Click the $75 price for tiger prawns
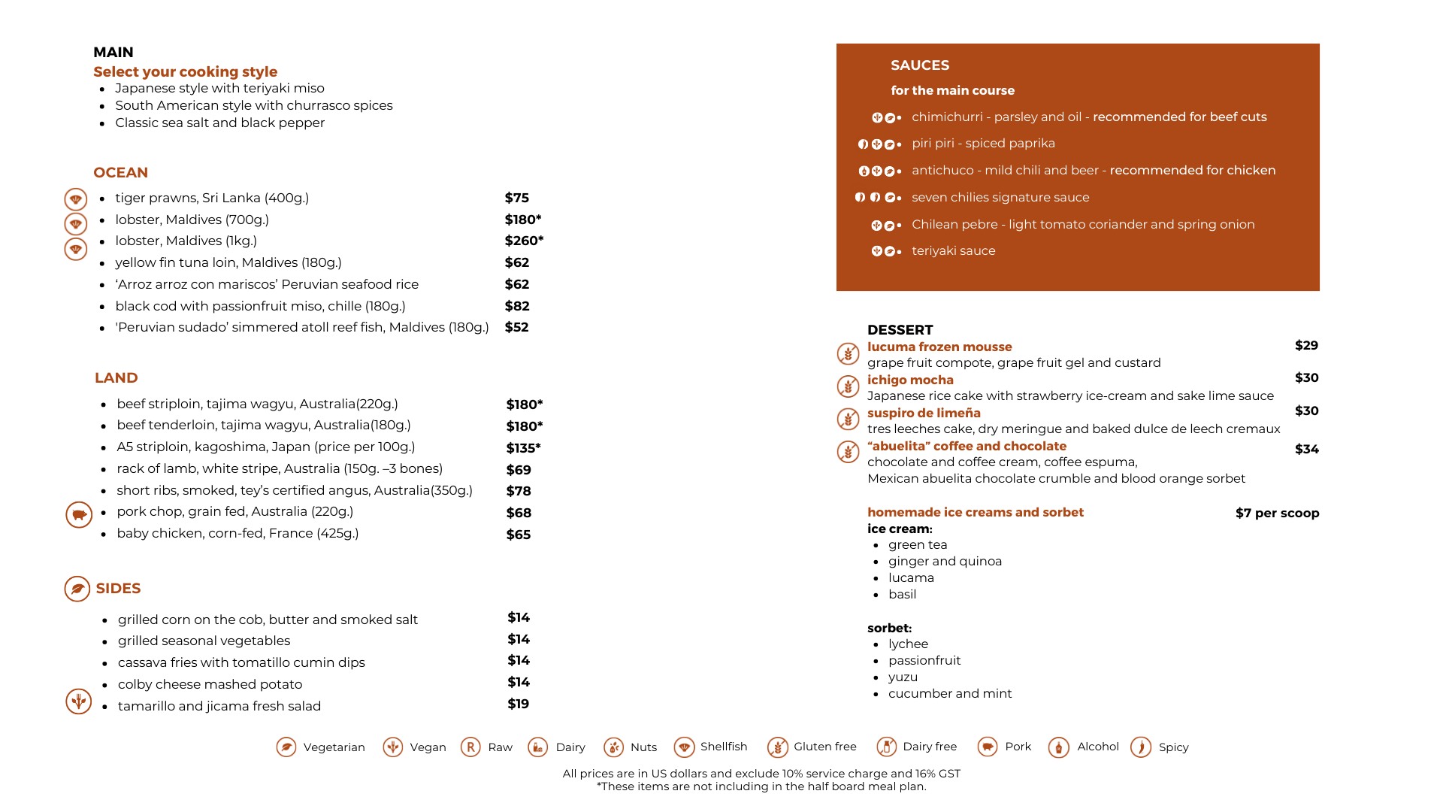tap(516, 198)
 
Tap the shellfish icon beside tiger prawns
tap(75, 199)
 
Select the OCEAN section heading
tap(120, 173)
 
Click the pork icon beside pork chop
tap(78, 515)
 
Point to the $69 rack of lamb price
tap(518, 470)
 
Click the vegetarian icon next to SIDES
tap(77, 589)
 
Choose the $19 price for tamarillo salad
tap(518, 704)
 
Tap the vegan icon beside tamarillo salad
tap(78, 701)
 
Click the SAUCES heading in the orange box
tap(920, 65)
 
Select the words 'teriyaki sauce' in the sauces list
tap(953, 251)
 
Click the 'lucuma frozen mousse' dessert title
tap(939, 347)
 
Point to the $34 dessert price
tap(1306, 449)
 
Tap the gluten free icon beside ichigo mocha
tap(848, 386)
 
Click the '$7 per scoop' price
tap(1277, 513)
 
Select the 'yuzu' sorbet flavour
tap(903, 677)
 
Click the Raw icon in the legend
tap(470, 747)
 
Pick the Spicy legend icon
tap(1140, 747)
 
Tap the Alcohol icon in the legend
tap(1058, 747)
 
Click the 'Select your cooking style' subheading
tap(185, 72)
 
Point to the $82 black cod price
tap(516, 306)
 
